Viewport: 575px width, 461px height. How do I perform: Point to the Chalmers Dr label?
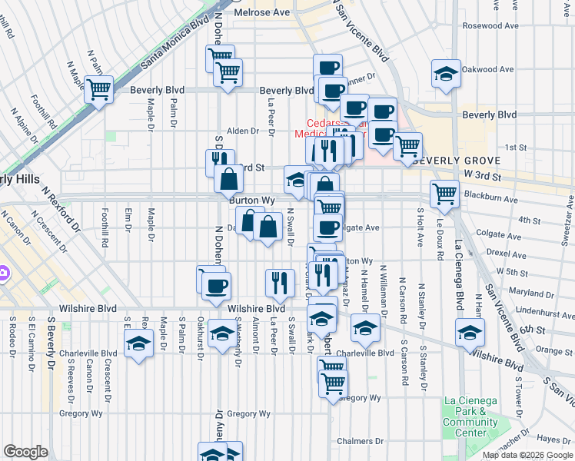pos(360,441)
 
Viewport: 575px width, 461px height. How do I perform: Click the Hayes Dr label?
pos(552,439)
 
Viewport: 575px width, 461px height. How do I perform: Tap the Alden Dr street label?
pos(241,131)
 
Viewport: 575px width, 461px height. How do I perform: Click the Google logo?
pos(25,452)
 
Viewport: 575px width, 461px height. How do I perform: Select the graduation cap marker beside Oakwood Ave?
pos(446,74)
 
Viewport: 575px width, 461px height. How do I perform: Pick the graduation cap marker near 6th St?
pos(469,333)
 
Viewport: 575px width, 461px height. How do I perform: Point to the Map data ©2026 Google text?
pos(527,455)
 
